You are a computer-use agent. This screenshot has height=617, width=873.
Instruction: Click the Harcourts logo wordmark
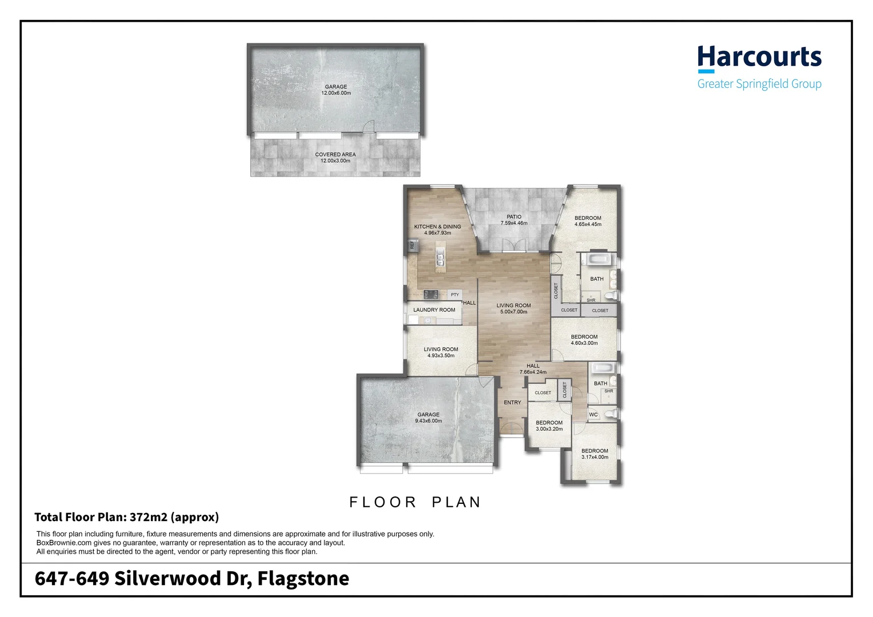point(759,58)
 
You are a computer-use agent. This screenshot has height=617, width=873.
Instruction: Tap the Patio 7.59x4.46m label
point(514,220)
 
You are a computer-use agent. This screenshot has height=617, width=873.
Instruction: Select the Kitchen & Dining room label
point(437,230)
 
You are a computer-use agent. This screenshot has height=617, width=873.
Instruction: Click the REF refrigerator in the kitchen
point(411,245)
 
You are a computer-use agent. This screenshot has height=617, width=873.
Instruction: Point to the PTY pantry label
point(455,295)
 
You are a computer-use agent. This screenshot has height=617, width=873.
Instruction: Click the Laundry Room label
point(434,310)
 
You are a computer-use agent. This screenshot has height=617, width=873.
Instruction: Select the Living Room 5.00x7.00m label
point(513,308)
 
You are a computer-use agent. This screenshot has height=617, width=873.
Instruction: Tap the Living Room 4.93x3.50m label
point(440,352)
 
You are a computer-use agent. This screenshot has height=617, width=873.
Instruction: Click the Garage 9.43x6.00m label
point(428,418)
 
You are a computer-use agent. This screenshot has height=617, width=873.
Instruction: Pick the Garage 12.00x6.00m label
point(336,90)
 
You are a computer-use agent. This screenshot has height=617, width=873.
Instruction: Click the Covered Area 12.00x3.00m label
point(335,158)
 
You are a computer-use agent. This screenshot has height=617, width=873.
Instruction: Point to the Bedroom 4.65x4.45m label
point(587,221)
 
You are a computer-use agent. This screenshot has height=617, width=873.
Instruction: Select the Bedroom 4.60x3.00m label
point(584,340)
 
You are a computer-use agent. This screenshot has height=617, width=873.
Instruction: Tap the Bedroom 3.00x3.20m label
point(549,426)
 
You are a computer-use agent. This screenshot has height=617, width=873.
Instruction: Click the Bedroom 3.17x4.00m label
point(594,454)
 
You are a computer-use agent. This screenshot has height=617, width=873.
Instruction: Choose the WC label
point(593,415)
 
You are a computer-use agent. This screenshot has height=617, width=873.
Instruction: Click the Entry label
point(512,403)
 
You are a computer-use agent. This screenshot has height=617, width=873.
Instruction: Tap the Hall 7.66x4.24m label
point(532,369)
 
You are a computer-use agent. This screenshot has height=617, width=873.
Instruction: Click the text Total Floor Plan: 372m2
point(126,518)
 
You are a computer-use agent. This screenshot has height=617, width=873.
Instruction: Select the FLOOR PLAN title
point(415,502)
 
